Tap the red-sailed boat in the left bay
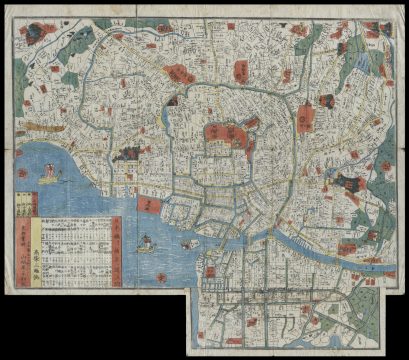[x=47, y=175]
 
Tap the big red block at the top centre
[x=180, y=73]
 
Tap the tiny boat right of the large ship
[x=189, y=243]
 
